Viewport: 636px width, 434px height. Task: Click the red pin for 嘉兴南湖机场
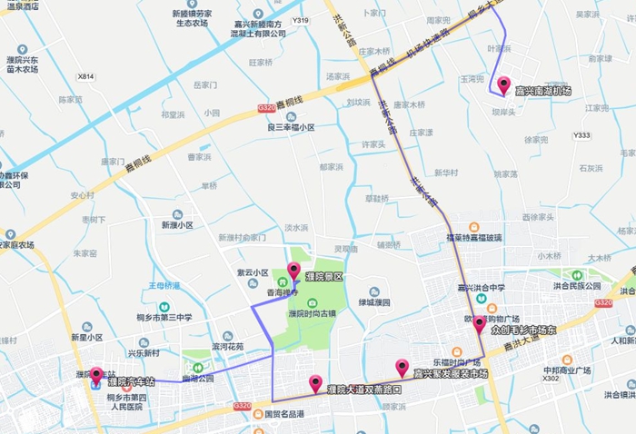click(x=503, y=85)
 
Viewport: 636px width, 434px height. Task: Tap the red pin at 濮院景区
click(x=293, y=271)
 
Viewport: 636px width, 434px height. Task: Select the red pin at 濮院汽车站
click(x=96, y=376)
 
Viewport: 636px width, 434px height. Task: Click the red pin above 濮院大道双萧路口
click(x=315, y=384)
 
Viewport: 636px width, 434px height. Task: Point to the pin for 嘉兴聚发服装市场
click(x=402, y=368)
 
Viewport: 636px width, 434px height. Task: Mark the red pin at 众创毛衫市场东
click(x=480, y=324)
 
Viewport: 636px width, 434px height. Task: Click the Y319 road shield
click(x=301, y=21)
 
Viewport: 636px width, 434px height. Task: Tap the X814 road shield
click(x=86, y=76)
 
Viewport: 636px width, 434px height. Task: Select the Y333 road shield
click(x=581, y=135)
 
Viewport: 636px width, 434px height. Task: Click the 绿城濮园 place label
click(x=373, y=302)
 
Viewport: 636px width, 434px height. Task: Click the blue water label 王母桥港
click(x=164, y=285)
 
